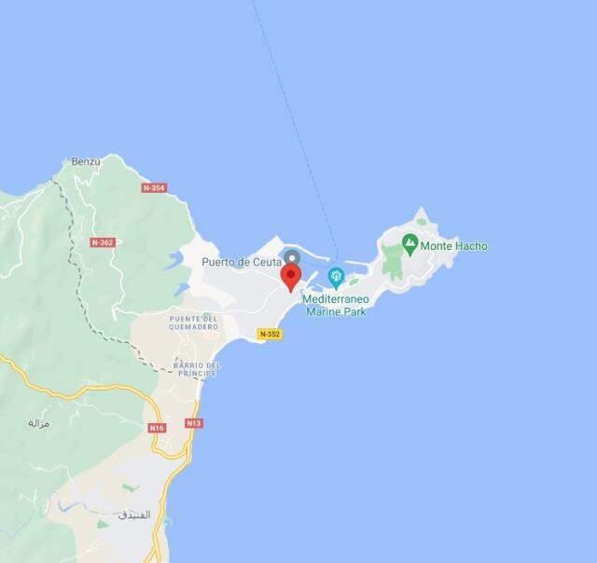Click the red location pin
point(291,277)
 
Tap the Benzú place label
point(85,161)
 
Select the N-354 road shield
point(154,187)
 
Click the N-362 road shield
point(103,242)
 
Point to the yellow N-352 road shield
point(270,334)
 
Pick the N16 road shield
point(157,428)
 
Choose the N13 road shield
point(194,423)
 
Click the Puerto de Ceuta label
point(241,262)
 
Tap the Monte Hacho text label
point(453,246)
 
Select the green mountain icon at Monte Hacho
point(410,244)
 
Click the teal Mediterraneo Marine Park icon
point(336,276)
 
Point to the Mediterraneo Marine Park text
point(335,305)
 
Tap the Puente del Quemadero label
point(194,323)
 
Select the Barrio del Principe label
point(196,368)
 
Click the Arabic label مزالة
point(38,422)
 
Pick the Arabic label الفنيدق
point(134,514)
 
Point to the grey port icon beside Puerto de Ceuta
point(292,257)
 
